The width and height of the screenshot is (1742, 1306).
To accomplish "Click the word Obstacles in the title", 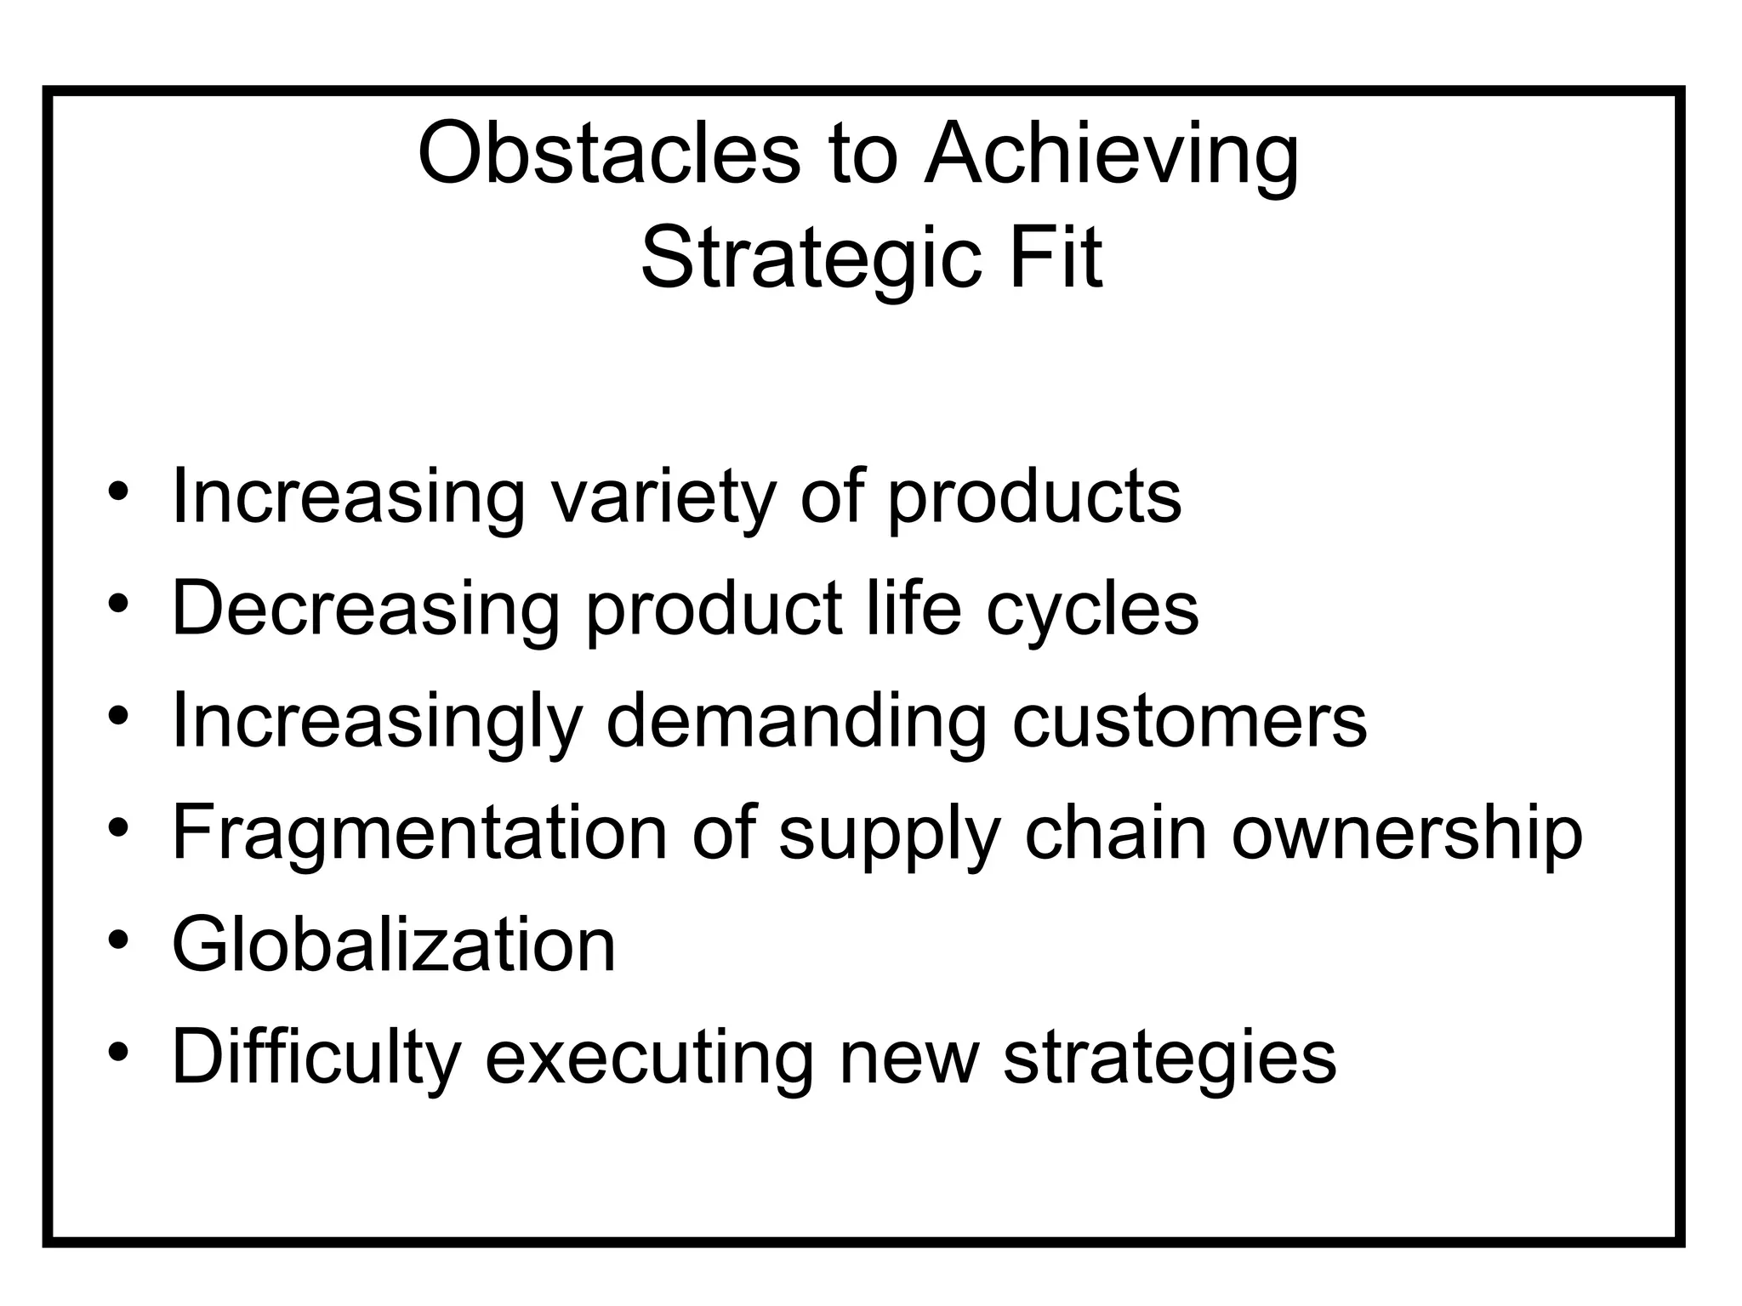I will coord(609,153).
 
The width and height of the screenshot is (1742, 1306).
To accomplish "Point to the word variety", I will coord(663,497).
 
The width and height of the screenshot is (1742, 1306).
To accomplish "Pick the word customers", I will coord(1189,721).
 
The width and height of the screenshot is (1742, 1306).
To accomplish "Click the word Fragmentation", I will coord(419,833).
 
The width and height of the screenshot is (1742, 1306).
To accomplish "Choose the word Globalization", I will coord(394,945).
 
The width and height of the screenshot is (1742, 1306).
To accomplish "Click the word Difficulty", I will coord(316,1059).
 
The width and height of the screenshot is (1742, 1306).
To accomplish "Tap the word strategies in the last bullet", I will coord(1170,1059).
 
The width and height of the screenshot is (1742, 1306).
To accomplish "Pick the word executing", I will coord(649,1059).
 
